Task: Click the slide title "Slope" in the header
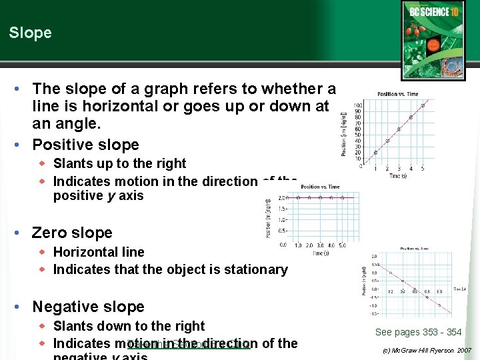pyautogui.click(x=30, y=33)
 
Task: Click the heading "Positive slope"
pyautogui.click(x=85, y=145)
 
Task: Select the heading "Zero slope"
pyautogui.click(x=72, y=233)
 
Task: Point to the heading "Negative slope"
pyautogui.click(x=88, y=307)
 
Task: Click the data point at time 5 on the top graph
pyautogui.click(x=423, y=105)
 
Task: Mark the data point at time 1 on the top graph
pyautogui.click(x=375, y=153)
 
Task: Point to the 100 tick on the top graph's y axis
pyautogui.click(x=358, y=105)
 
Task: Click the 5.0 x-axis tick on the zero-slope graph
pyautogui.click(x=342, y=245)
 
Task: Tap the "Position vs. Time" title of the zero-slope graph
pyautogui.click(x=320, y=187)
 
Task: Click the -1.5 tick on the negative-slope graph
pyautogui.click(x=374, y=313)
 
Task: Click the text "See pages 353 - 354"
pyautogui.click(x=418, y=332)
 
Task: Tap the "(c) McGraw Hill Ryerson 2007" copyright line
pyautogui.click(x=427, y=350)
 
